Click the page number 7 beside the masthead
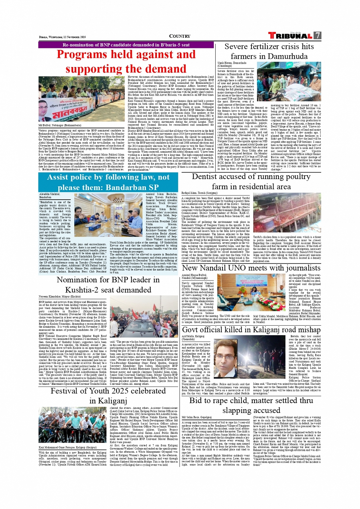[x=317, y=36]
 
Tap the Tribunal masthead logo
[x=291, y=36]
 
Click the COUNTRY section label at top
[x=179, y=37]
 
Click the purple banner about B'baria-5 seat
[x=126, y=45]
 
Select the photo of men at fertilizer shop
[x=294, y=82]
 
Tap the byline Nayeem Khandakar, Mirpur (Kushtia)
[x=60, y=296]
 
